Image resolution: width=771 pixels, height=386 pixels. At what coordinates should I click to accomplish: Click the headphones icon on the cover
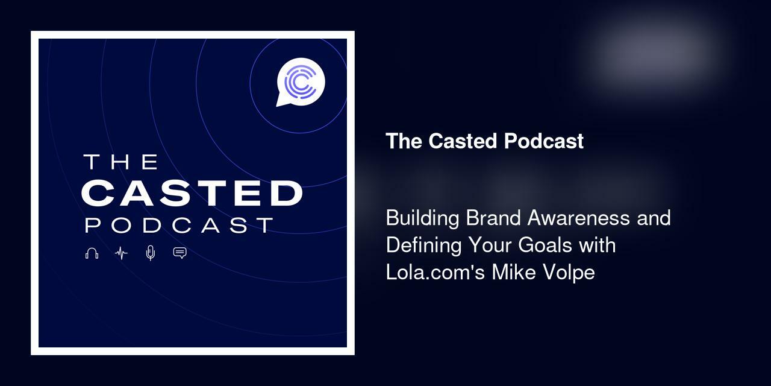(x=92, y=253)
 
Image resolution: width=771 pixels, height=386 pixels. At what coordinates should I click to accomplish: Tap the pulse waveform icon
(x=121, y=253)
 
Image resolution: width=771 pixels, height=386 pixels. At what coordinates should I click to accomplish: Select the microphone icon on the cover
(x=151, y=253)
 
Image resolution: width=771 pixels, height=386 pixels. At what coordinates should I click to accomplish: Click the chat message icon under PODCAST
(x=179, y=253)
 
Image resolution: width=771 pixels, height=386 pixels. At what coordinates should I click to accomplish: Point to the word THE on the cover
(x=120, y=162)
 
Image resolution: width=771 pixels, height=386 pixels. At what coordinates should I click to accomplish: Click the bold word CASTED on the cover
(x=192, y=193)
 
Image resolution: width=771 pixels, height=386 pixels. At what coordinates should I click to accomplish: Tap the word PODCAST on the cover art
(x=179, y=225)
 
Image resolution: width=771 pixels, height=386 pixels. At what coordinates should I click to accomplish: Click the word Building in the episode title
(x=423, y=218)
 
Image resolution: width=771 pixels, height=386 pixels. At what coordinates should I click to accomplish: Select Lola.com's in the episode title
(x=435, y=273)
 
